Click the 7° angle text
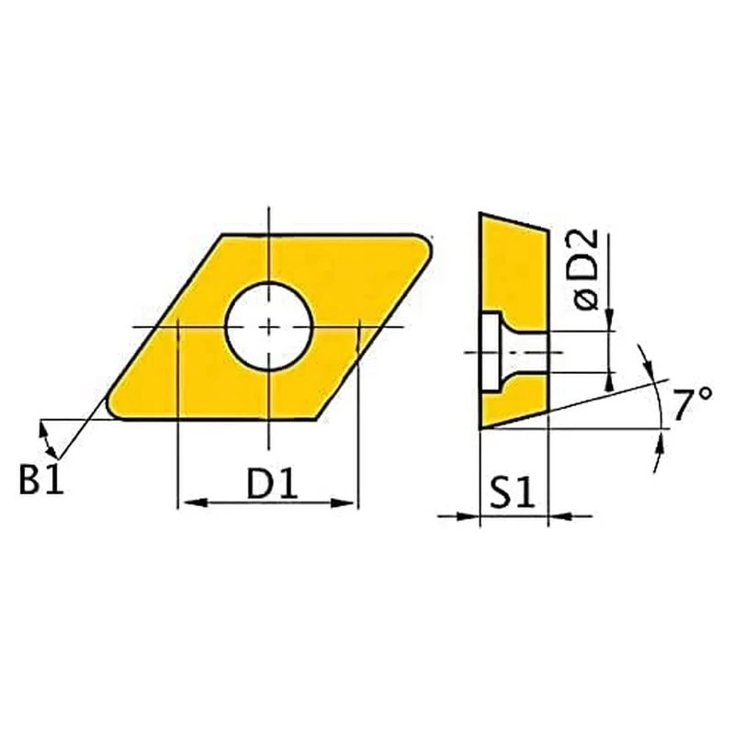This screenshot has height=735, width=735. pos(691,405)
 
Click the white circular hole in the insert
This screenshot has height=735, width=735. pos(269,326)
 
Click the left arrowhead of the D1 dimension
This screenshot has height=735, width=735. pos(184,502)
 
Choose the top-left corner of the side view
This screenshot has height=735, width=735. pos(481,214)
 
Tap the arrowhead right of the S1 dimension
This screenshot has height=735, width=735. pos(557,515)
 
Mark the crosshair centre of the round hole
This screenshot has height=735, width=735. pos(269,326)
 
